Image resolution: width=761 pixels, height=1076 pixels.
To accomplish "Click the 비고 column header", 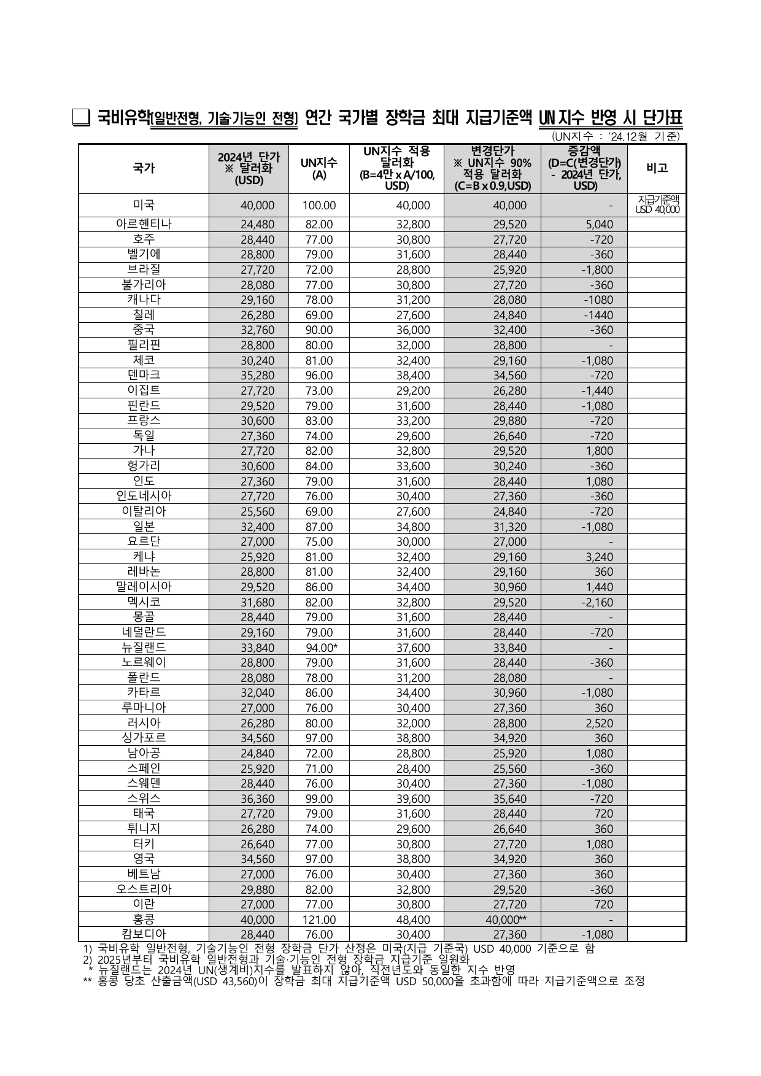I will (x=657, y=168).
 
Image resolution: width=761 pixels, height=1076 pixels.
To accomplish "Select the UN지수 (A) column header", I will (x=319, y=168).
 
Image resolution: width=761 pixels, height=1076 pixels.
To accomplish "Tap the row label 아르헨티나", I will (x=144, y=224).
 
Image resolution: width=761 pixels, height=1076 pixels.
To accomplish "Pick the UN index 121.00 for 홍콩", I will (x=319, y=919).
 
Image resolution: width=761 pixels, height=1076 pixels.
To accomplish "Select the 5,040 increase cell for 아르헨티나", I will (x=595, y=225).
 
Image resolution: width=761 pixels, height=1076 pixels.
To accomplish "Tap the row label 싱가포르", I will (x=144, y=738).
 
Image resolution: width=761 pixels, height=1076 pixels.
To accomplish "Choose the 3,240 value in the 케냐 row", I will (x=595, y=557).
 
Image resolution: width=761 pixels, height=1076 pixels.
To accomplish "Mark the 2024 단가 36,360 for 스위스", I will (x=257, y=799).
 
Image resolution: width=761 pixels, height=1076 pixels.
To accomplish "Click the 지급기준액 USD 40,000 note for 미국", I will (x=657, y=204).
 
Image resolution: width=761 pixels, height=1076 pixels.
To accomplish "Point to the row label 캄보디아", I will (x=144, y=934).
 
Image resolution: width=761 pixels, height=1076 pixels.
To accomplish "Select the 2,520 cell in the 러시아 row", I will (x=595, y=724).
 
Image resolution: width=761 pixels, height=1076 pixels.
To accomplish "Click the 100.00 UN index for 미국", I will (x=319, y=206).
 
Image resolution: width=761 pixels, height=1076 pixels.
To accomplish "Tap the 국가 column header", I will (x=144, y=168).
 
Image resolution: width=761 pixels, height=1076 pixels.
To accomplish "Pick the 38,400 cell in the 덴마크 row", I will (x=413, y=376).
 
